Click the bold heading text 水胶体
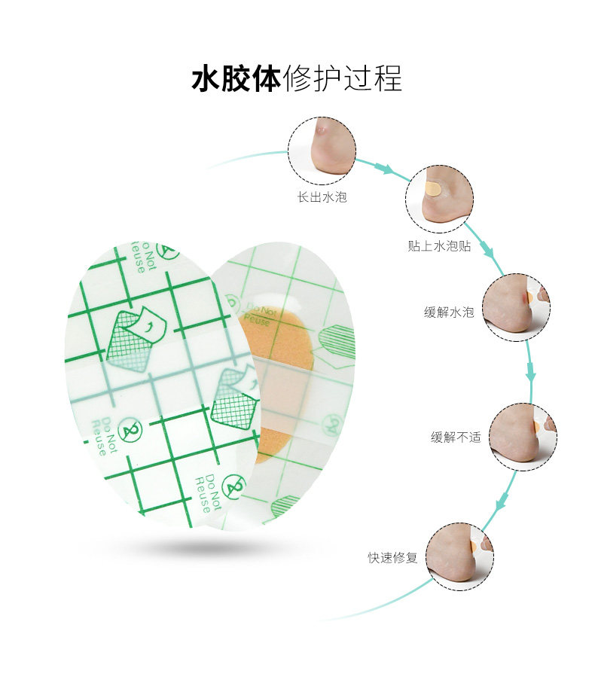pyautogui.click(x=236, y=78)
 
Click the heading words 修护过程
pyautogui.click(x=342, y=78)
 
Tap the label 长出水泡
pyautogui.click(x=322, y=198)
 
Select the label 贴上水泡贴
pyautogui.click(x=438, y=246)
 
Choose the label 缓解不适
pyautogui.click(x=456, y=437)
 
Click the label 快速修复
pyautogui.click(x=392, y=558)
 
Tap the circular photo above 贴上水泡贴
pyautogui.click(x=438, y=198)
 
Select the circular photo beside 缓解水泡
pyautogui.click(x=516, y=307)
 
